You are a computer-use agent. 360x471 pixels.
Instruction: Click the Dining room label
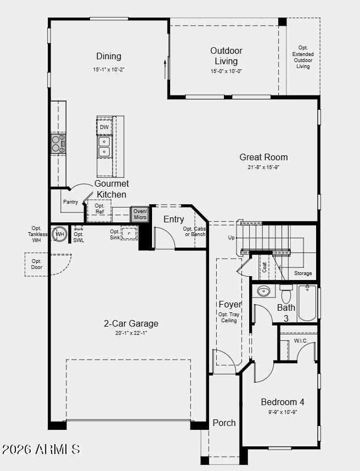click(109, 56)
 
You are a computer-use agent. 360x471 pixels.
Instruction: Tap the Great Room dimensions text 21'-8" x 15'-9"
click(263, 167)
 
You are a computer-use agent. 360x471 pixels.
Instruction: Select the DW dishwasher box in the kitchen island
click(104, 127)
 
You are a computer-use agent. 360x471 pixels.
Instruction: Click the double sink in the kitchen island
click(104, 146)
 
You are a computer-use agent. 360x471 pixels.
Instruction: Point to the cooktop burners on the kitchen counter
click(58, 144)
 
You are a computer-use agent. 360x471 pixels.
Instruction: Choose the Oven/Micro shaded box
click(140, 214)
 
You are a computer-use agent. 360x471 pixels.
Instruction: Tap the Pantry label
click(71, 202)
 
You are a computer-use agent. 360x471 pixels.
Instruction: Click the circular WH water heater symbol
click(59, 234)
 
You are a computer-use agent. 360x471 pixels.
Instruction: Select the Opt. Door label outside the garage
click(37, 265)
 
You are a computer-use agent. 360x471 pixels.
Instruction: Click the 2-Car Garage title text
click(131, 323)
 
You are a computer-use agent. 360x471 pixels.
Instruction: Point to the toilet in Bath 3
click(286, 294)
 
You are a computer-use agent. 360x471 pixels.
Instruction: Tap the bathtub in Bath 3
click(307, 303)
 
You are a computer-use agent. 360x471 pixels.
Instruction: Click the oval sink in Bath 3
click(263, 291)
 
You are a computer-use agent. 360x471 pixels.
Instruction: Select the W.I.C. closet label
click(301, 341)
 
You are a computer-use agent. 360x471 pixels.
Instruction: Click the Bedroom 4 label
click(283, 402)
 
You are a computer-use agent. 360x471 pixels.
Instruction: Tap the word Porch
click(224, 423)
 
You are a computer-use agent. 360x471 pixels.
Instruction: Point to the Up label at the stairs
click(231, 238)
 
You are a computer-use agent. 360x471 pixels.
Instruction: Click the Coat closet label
click(264, 267)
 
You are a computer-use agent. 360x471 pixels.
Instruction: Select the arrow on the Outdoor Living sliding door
click(165, 69)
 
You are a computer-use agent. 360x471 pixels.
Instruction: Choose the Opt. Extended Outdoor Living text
click(303, 57)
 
